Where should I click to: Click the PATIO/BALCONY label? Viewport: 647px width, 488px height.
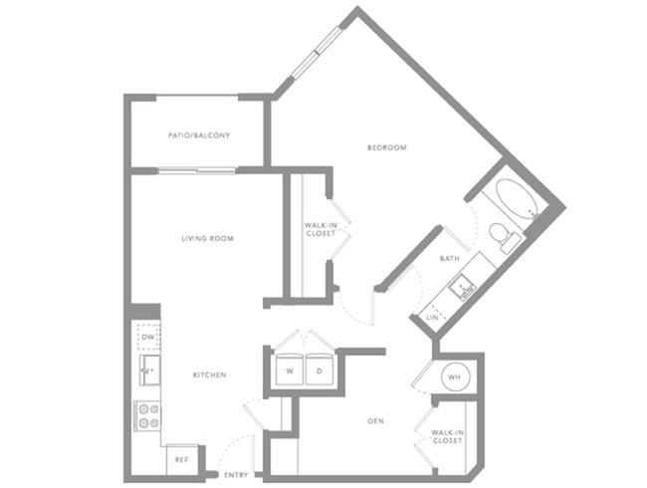(199, 135)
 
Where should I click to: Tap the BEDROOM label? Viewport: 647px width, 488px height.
(387, 147)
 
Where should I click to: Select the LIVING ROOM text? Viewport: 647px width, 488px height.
(208, 238)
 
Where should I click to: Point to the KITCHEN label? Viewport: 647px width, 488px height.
(210, 374)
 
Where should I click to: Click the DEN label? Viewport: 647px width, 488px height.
(375, 421)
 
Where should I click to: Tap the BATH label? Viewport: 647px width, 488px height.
(449, 259)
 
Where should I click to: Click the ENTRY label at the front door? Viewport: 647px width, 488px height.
(236, 475)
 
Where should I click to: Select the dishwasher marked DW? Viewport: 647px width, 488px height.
(148, 337)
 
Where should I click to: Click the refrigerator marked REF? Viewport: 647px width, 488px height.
(182, 459)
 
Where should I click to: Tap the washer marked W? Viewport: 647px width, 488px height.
(290, 369)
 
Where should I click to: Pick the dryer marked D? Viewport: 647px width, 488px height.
(320, 369)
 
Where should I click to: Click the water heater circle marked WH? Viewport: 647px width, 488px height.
(454, 376)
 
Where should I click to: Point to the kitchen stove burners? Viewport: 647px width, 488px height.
(148, 415)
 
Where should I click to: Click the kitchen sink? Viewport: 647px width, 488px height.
(149, 369)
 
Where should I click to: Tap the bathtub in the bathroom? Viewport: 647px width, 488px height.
(518, 200)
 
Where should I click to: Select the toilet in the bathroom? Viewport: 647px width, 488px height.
(504, 237)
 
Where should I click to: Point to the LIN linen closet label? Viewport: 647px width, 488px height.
(432, 318)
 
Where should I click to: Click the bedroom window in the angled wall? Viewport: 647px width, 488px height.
(317, 53)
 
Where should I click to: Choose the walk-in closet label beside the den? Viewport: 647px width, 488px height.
(447, 437)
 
